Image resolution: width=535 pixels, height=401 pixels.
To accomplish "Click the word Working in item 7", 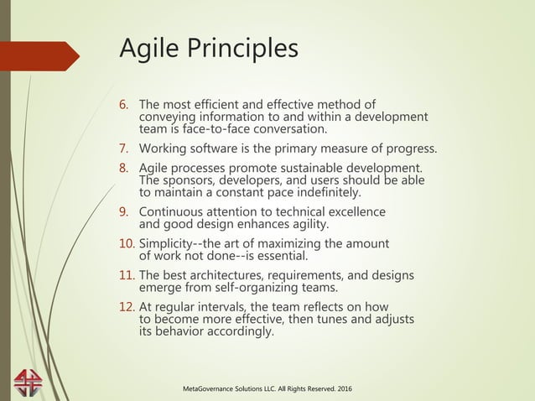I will pos(164,150).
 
